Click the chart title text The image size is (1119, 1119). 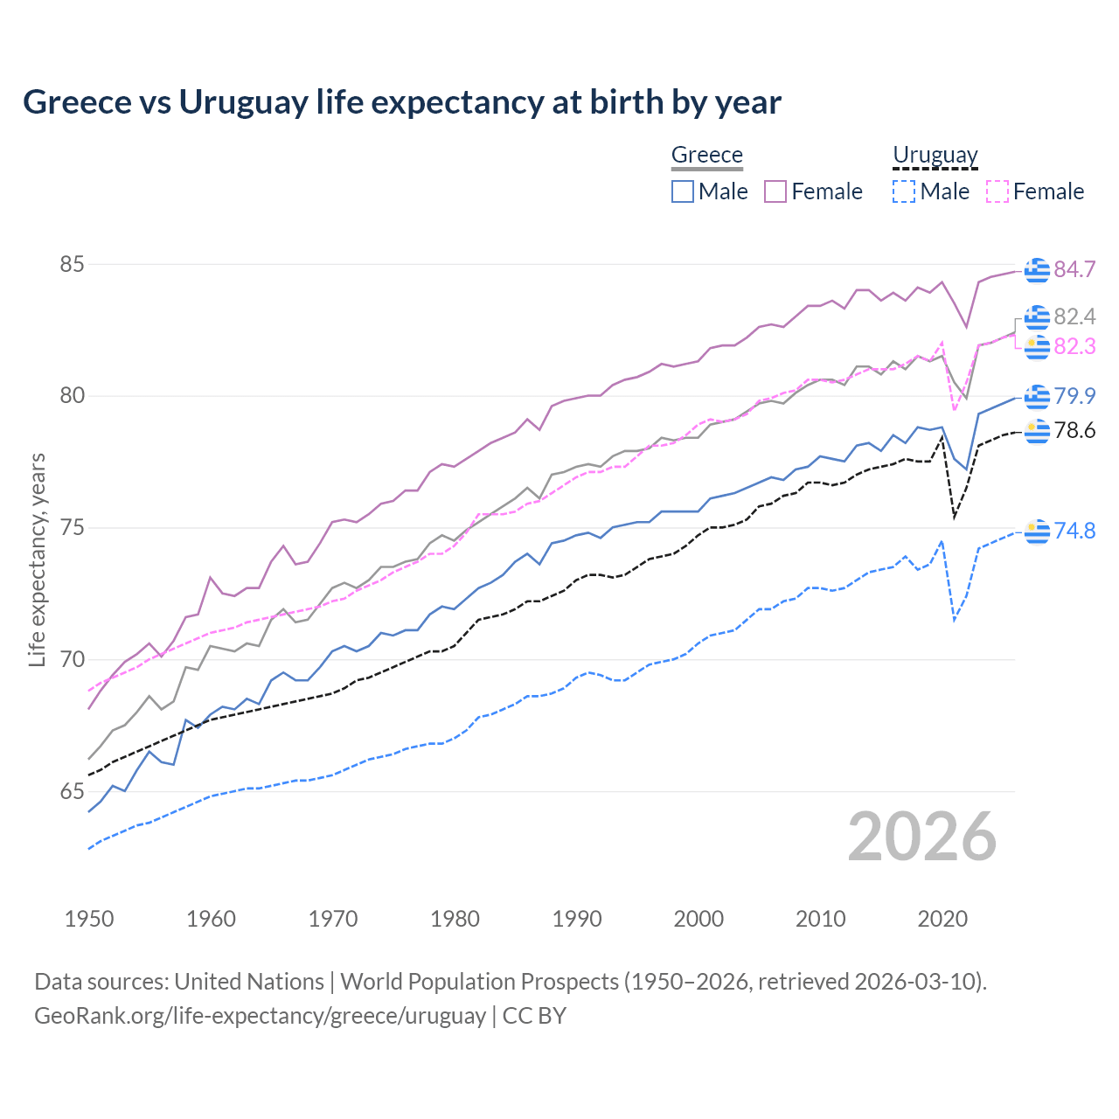pos(401,102)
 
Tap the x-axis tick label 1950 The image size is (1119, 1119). pos(89,919)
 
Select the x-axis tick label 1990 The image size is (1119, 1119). pos(577,919)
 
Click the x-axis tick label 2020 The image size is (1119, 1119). pos(942,919)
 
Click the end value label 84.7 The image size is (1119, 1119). pos(1074,269)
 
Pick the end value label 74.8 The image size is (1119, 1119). pos(1074,531)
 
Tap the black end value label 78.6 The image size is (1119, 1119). pos(1074,430)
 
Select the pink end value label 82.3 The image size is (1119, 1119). pos(1074,346)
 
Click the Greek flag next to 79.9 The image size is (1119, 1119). pos(1037,396)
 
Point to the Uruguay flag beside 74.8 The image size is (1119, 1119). pos(1037,531)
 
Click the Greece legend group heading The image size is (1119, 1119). pos(706,155)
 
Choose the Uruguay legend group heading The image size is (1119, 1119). pos(935,155)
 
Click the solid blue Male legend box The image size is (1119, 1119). pos(683,191)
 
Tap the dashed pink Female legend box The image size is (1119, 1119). pos(997,191)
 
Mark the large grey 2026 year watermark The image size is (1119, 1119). pos(921,837)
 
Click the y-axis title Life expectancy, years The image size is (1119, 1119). pos(38,559)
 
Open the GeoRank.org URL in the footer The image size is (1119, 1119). pos(260,1015)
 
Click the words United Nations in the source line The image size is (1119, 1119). pos(249,981)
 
